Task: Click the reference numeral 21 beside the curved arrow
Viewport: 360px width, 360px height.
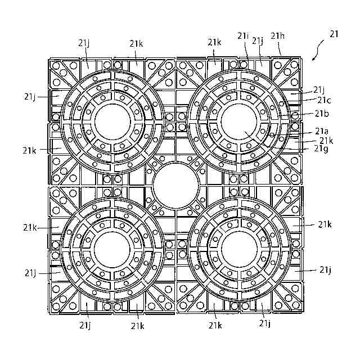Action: click(334, 34)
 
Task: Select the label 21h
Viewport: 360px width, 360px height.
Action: click(277, 36)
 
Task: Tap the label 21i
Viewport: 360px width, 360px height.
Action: click(243, 36)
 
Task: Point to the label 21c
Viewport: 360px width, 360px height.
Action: click(324, 100)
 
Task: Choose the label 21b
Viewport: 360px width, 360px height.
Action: click(322, 114)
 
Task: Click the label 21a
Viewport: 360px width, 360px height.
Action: click(321, 130)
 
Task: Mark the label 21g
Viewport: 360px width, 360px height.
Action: click(322, 148)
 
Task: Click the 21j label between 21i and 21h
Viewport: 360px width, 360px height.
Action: click(258, 40)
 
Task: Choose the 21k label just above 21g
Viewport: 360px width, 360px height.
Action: click(326, 140)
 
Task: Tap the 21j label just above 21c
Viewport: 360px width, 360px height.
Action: click(319, 89)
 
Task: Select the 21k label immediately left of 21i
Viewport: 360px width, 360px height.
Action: click(214, 42)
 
